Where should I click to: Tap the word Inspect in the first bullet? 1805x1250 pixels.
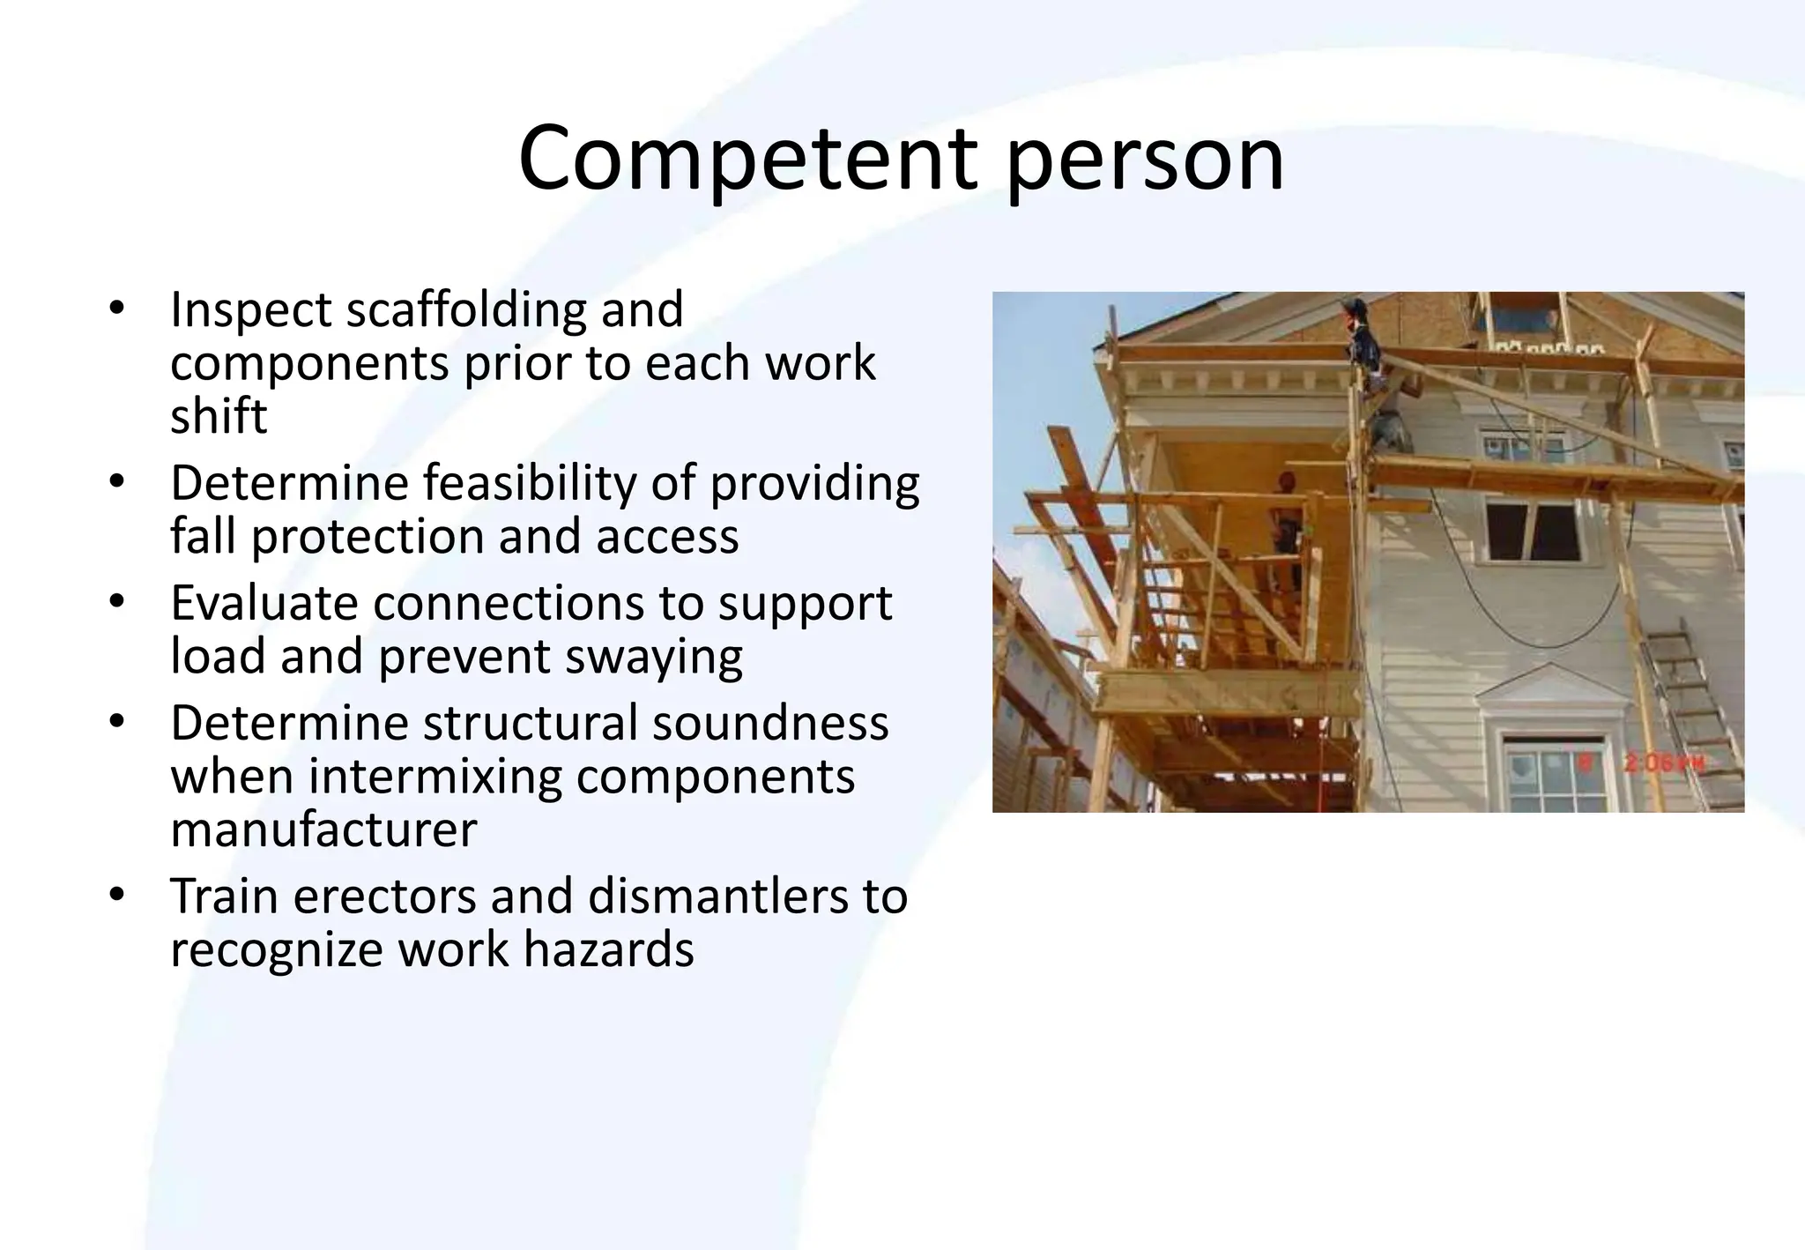pos(250,311)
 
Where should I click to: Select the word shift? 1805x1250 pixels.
pos(218,415)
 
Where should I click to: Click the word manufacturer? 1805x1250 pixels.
pos(323,830)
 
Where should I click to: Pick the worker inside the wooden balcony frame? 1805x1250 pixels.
pos(1287,529)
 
